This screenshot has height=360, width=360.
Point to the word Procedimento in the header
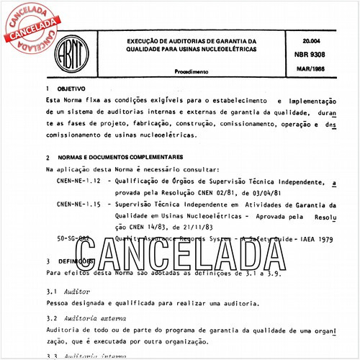pyautogui.click(x=192, y=73)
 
